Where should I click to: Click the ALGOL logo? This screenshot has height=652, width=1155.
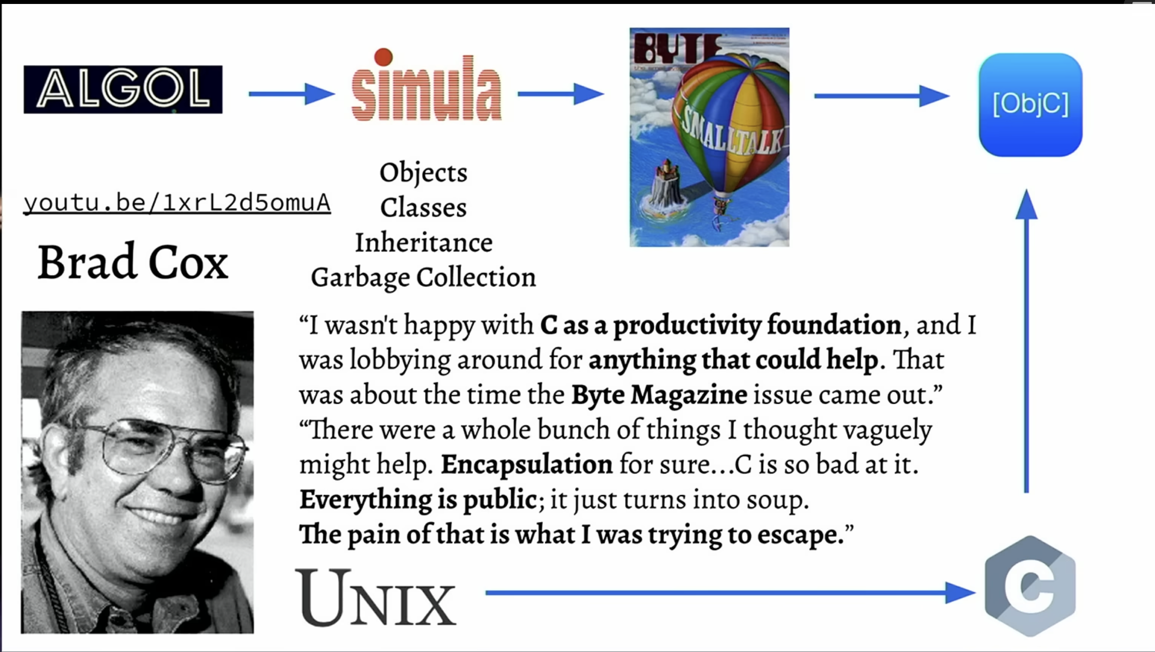[123, 90]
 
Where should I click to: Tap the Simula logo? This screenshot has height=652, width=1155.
[427, 85]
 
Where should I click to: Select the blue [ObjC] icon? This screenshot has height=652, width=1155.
[1030, 105]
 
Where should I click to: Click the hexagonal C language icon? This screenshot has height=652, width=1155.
[1030, 586]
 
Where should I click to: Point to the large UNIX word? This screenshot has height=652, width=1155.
[376, 598]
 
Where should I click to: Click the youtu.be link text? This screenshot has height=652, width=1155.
[177, 203]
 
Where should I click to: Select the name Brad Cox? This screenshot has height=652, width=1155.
[133, 262]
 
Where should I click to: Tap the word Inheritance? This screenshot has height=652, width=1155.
[424, 243]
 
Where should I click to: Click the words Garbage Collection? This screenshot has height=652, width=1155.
[424, 278]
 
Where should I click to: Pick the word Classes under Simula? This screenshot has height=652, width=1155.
[424, 207]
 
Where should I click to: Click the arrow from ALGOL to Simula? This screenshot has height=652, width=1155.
[291, 94]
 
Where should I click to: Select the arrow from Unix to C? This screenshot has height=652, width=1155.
[730, 593]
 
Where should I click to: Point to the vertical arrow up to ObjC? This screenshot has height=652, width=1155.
[1026, 341]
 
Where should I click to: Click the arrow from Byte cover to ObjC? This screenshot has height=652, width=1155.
[882, 96]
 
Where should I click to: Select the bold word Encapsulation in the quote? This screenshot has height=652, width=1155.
[527, 465]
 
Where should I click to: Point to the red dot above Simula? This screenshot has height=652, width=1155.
[384, 57]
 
